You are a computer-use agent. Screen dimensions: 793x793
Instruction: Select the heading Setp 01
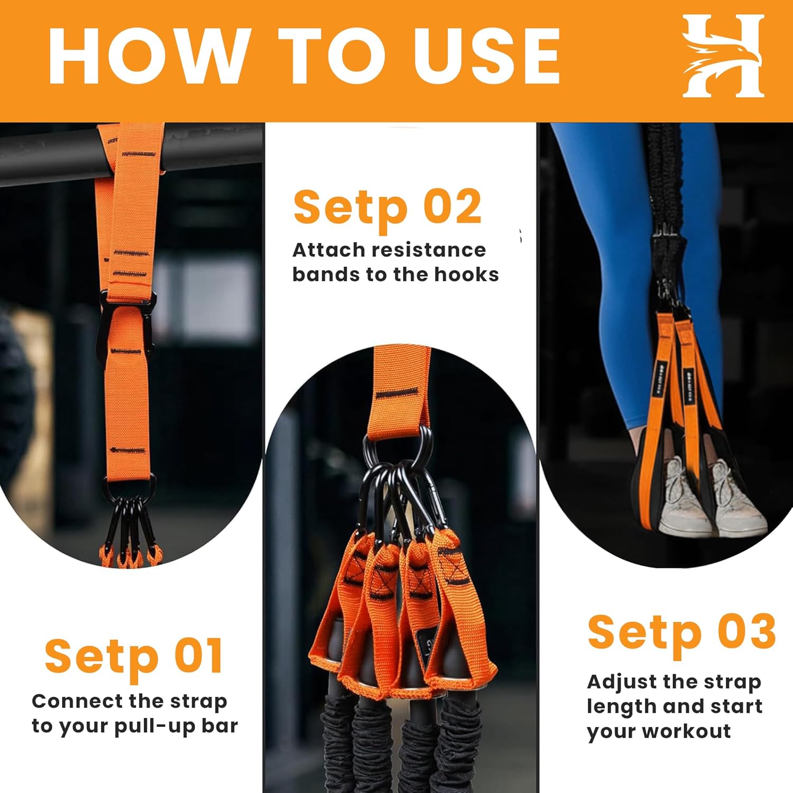pos(134,656)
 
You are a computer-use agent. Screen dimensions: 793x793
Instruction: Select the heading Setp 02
pos(388,207)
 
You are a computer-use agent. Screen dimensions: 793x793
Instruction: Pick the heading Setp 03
pos(681,632)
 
